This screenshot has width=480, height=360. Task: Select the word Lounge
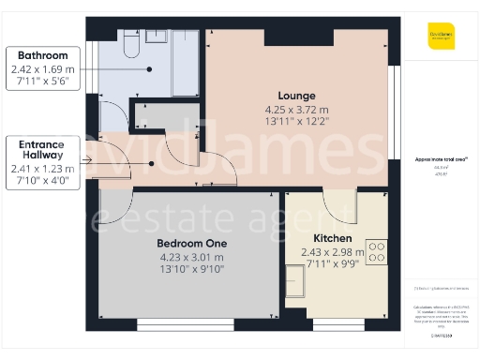[296, 96]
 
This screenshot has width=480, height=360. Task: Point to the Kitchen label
[332, 238]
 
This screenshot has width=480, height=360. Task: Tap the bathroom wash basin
[157, 37]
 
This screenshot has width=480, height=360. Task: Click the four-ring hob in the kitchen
[377, 252]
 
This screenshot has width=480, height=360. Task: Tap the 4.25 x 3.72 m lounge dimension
[296, 110]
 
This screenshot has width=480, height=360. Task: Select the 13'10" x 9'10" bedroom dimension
[190, 269]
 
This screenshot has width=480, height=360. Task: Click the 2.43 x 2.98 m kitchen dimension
[332, 252]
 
